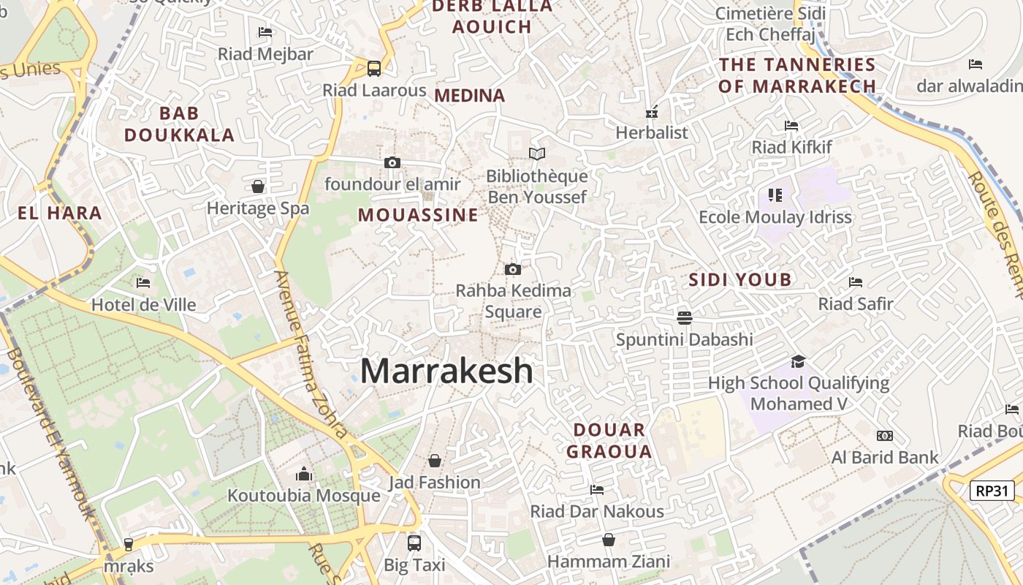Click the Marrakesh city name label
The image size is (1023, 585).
[446, 371]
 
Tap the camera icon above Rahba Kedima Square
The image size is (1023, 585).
[513, 269]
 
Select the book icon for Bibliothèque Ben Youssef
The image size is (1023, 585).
[537, 154]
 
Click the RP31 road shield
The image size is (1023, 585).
[992, 491]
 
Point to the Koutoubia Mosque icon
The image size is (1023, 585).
[304, 474]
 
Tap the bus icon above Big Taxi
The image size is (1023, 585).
[414, 543]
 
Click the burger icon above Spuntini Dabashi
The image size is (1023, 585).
[685, 317]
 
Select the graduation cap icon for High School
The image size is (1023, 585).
[798, 361]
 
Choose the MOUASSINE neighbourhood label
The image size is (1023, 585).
[418, 215]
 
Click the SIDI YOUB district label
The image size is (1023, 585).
[740, 279]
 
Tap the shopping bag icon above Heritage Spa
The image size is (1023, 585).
[258, 186]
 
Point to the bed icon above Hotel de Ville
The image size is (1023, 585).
[143, 282]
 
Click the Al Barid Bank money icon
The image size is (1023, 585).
[885, 436]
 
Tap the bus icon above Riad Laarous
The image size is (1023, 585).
[374, 69]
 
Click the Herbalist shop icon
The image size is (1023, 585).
[652, 112]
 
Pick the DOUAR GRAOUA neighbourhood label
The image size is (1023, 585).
[609, 440]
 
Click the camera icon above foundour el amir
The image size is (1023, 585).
[392, 162]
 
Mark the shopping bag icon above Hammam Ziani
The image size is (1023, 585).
[609, 540]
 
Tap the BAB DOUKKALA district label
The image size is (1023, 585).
[179, 124]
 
